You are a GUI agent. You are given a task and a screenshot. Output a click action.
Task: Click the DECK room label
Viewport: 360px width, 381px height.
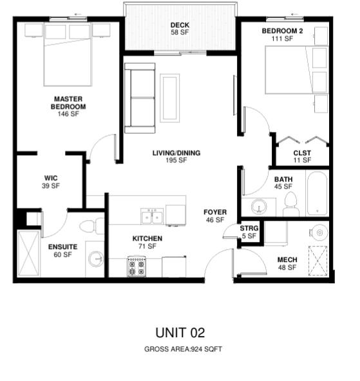pyautogui.click(x=180, y=25)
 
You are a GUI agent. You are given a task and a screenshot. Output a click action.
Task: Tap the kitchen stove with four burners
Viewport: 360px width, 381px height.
pyautogui.click(x=137, y=266)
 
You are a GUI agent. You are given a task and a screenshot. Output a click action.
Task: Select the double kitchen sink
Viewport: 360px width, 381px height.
pyautogui.click(x=152, y=216)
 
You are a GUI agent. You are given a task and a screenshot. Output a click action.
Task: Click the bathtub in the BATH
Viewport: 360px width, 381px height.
pyautogui.click(x=317, y=194)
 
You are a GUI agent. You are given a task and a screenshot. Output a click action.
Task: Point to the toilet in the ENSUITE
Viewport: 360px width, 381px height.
pyautogui.click(x=92, y=226)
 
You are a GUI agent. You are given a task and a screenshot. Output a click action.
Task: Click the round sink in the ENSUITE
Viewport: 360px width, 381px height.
pyautogui.click(x=96, y=259)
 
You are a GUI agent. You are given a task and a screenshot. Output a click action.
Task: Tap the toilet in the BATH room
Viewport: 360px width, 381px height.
pyautogui.click(x=290, y=204)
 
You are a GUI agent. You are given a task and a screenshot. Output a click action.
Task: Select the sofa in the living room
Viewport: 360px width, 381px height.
pyautogui.click(x=140, y=98)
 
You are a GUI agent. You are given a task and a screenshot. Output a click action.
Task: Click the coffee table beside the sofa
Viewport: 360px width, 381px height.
pyautogui.click(x=169, y=98)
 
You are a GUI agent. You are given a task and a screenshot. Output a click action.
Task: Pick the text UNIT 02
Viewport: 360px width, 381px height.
pyautogui.click(x=180, y=333)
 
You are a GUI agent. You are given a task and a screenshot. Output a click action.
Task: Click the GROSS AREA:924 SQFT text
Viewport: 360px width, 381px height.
pyautogui.click(x=183, y=349)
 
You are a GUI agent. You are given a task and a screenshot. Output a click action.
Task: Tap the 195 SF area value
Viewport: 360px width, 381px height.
pyautogui.click(x=176, y=160)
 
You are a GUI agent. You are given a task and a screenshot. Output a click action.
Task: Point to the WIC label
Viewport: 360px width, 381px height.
pyautogui.click(x=51, y=178)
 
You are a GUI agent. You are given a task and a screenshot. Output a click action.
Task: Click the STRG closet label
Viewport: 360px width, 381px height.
pyautogui.click(x=249, y=228)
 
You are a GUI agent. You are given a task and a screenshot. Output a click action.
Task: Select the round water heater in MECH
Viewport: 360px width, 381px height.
pyautogui.click(x=319, y=232)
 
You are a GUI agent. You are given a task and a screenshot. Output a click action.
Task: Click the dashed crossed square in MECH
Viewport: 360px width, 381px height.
pyautogui.click(x=317, y=261)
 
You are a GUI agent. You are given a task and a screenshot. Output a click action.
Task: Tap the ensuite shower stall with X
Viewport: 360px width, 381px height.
pyautogui.click(x=29, y=253)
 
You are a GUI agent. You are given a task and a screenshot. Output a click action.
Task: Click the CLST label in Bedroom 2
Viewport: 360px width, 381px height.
pyautogui.click(x=302, y=153)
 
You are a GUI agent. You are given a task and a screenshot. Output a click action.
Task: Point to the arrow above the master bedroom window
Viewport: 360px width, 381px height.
pyautogui.click(x=78, y=14)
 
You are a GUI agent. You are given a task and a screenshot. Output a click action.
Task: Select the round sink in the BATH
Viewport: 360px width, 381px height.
pyautogui.click(x=259, y=207)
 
